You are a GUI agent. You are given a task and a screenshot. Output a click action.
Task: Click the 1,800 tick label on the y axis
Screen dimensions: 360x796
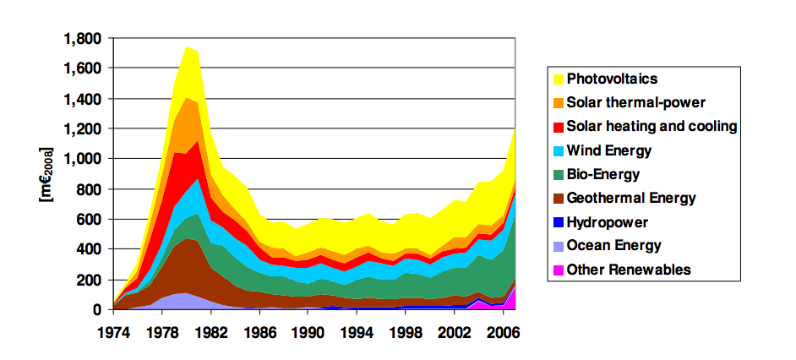(x=82, y=38)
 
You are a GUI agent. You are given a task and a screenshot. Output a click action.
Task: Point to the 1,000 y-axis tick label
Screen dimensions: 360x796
(x=82, y=159)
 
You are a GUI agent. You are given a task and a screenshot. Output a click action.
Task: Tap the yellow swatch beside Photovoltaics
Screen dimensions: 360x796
(x=558, y=79)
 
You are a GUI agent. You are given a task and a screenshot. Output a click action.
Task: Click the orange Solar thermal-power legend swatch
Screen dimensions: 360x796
(x=558, y=102)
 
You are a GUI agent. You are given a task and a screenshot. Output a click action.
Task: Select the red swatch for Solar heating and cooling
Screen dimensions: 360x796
(x=558, y=127)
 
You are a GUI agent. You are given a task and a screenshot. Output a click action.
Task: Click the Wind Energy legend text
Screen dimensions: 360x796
(x=608, y=150)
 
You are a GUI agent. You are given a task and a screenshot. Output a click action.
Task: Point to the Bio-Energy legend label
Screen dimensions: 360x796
(x=603, y=174)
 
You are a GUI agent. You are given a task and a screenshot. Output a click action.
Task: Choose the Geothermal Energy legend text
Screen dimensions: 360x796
(x=631, y=199)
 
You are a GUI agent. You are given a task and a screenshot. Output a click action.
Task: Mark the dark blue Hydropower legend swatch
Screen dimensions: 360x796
(x=558, y=222)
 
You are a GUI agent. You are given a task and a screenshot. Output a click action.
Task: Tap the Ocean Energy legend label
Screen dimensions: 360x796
(x=614, y=246)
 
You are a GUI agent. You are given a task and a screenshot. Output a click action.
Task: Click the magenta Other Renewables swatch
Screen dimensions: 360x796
(x=558, y=270)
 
